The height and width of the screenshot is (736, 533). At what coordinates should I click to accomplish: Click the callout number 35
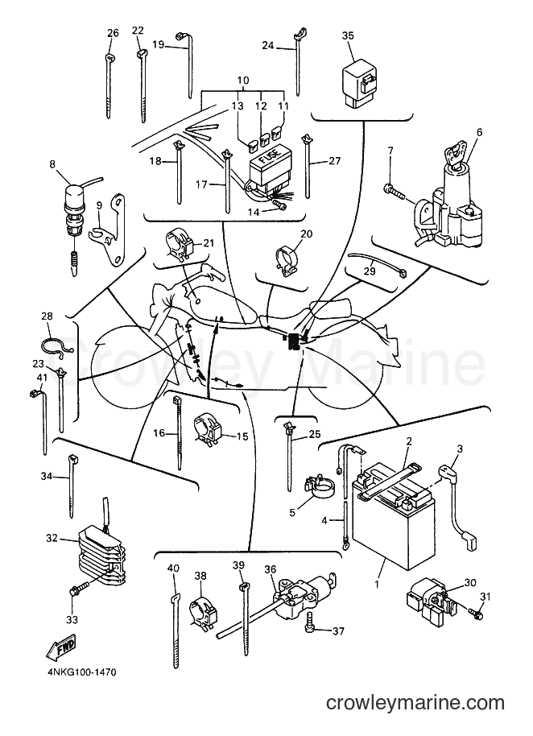point(348,35)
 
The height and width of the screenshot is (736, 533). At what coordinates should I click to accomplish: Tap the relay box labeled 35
point(361,82)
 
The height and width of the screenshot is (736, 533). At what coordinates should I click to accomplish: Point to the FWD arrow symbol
point(60,648)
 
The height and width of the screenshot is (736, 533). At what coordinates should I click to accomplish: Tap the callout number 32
point(52,538)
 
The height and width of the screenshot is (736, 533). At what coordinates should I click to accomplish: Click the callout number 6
point(479,132)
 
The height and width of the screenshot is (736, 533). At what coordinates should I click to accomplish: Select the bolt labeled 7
point(396,192)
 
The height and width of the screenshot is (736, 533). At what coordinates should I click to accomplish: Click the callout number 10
point(243,81)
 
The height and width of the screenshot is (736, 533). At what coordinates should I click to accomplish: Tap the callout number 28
point(47,316)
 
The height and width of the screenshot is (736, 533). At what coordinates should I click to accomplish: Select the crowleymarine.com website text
point(415,703)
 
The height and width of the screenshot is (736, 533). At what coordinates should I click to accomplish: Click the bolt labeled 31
point(476,613)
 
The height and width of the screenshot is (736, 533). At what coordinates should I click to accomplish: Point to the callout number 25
point(315,435)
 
